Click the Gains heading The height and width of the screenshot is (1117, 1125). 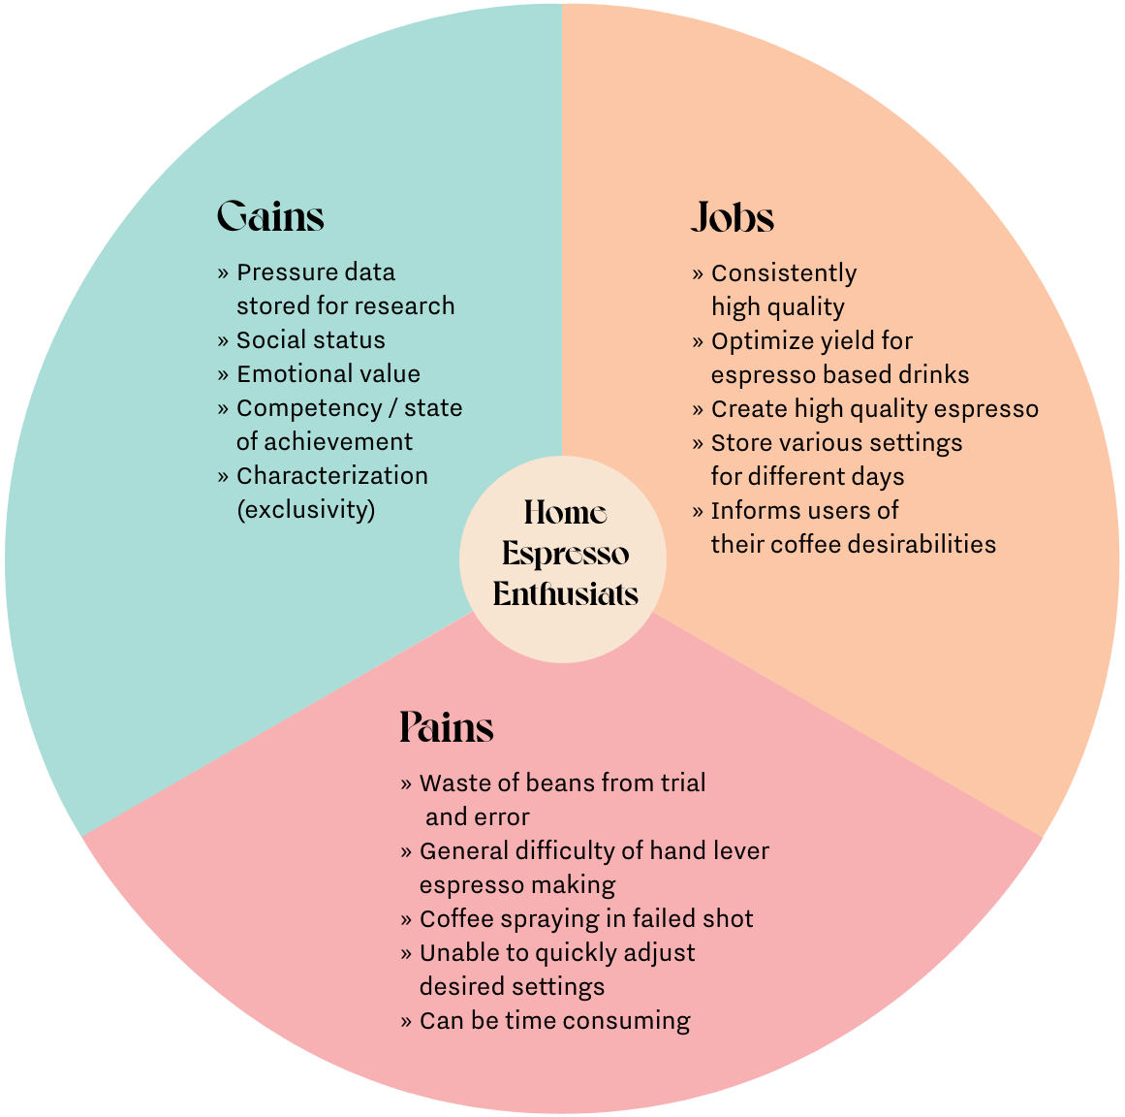click(x=270, y=215)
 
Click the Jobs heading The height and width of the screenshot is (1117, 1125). click(x=733, y=218)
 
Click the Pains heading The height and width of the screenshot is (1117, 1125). click(x=447, y=727)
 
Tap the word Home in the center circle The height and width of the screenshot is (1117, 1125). click(x=565, y=512)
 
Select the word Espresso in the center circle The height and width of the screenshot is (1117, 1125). click(x=565, y=554)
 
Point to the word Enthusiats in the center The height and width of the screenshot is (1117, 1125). click(x=565, y=593)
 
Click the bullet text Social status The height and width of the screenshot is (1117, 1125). click(x=310, y=339)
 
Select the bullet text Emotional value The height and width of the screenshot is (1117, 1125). click(x=328, y=373)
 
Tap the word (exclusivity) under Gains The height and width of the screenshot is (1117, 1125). click(x=305, y=509)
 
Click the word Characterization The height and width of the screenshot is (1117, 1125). click(x=331, y=475)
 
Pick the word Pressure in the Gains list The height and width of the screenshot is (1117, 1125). click(x=280, y=271)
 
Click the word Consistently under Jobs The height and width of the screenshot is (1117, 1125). click(x=783, y=273)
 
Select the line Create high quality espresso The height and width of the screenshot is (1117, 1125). click(x=874, y=409)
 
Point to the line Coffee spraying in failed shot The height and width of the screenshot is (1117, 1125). click(x=585, y=918)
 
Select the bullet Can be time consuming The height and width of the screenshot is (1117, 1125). click(x=554, y=1020)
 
